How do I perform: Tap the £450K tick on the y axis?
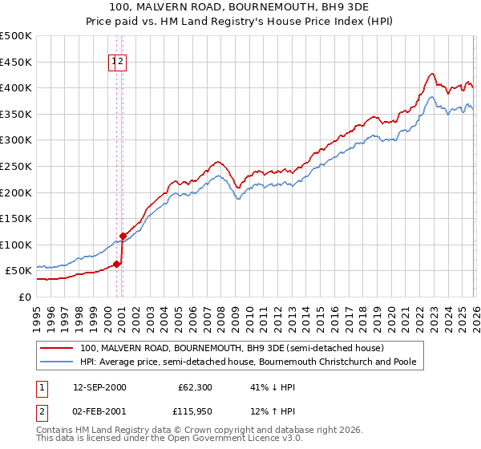[x=16, y=62]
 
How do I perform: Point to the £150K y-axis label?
[x=16, y=218]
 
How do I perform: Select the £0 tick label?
[x=26, y=297]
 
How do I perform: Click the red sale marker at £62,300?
[x=117, y=264]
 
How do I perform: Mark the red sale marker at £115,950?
[x=123, y=236]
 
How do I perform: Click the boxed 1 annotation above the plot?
[x=114, y=61]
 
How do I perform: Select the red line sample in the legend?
[x=56, y=348]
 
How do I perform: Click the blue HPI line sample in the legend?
[x=56, y=362]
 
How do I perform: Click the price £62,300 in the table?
[x=196, y=387]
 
